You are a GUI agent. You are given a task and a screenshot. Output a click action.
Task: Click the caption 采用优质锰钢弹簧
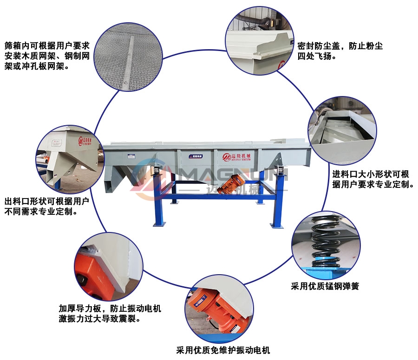[x=325, y=286]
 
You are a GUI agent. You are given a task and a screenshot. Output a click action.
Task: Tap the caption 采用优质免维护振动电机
[x=223, y=350]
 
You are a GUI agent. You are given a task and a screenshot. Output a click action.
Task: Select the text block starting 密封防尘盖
[x=340, y=51]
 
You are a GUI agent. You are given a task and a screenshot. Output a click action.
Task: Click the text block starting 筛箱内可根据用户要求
[x=47, y=56]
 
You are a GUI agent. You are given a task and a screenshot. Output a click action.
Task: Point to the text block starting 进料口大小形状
[x=373, y=179]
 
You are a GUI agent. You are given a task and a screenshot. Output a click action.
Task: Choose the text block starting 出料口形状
[x=46, y=206]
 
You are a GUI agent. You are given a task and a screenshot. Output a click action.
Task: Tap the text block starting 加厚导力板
[x=110, y=314]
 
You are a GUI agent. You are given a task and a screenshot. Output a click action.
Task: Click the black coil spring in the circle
[x=325, y=242]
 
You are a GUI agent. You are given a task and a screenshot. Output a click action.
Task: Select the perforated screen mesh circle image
[x=128, y=57]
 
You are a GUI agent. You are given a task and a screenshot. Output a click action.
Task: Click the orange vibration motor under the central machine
[x=231, y=184]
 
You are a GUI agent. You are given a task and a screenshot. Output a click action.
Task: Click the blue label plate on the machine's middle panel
[x=196, y=156]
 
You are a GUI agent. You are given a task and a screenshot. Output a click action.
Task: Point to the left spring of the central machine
[x=156, y=169]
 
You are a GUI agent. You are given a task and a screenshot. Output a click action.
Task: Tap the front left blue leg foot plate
[x=159, y=224]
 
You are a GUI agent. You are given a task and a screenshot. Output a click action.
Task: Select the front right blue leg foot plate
[x=277, y=225]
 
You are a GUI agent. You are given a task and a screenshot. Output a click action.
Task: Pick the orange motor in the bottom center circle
[x=219, y=312]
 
